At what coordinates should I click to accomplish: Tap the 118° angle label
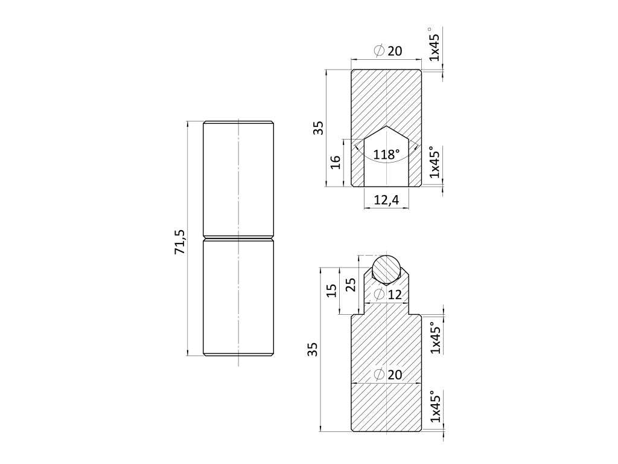(x=386, y=155)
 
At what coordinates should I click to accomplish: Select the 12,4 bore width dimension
(x=386, y=200)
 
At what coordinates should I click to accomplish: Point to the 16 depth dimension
(x=336, y=162)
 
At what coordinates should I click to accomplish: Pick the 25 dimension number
(x=350, y=285)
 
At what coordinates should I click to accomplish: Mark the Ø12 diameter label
(x=387, y=295)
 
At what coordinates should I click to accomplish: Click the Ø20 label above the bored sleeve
(x=387, y=51)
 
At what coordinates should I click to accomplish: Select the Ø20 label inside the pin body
(x=387, y=375)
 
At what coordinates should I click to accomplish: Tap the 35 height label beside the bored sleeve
(x=318, y=127)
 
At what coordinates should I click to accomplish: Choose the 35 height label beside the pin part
(x=312, y=349)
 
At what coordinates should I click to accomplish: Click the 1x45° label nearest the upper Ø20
(x=434, y=44)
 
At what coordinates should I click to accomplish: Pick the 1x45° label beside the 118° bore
(x=434, y=163)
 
